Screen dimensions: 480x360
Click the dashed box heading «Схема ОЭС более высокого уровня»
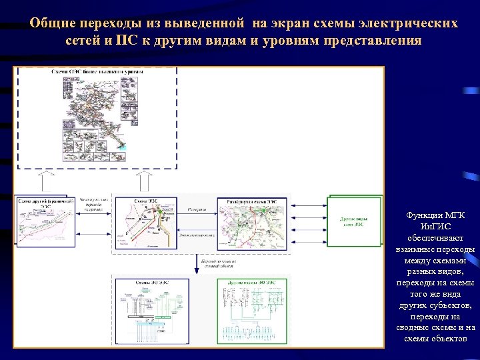[x=97, y=71]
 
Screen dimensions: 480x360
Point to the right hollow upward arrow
[x=143, y=180]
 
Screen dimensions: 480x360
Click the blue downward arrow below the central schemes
[x=197, y=261]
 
